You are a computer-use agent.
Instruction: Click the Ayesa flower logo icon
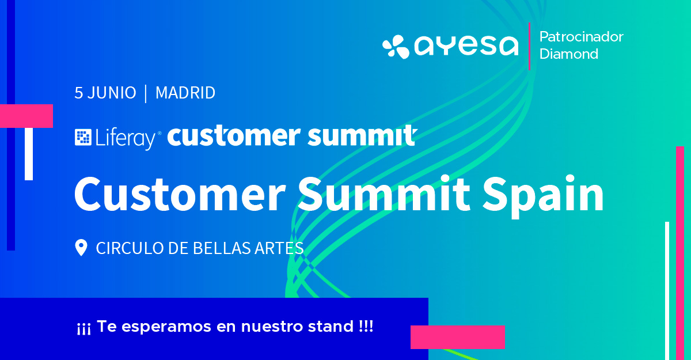tap(396, 47)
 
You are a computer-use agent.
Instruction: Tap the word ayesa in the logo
tap(466, 46)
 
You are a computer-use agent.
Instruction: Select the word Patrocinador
tap(581, 37)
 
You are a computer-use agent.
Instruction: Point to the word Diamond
tap(569, 54)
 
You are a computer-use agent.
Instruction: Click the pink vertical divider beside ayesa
tap(529, 46)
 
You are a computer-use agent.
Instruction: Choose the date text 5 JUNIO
tap(105, 93)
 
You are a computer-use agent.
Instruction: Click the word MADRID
tap(185, 93)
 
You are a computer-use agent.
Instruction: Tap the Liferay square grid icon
tap(83, 137)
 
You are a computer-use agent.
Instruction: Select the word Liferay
tap(126, 138)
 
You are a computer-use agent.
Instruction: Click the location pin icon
tap(81, 248)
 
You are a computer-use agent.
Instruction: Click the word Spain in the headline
tap(543, 196)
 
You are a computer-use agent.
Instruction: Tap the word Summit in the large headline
tap(384, 194)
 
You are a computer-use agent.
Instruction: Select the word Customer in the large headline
tap(180, 194)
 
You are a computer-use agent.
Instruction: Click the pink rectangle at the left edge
tap(26, 116)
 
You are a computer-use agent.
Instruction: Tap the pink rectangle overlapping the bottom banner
tap(458, 337)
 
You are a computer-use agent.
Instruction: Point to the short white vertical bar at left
tap(29, 154)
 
